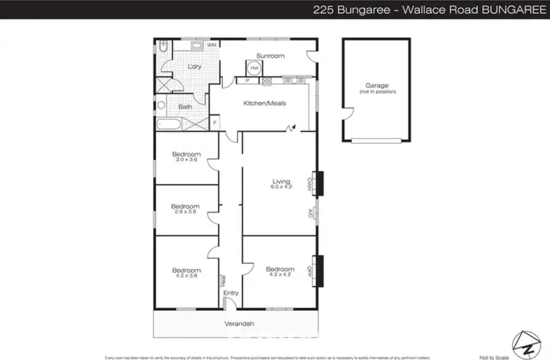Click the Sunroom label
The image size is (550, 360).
click(270, 56)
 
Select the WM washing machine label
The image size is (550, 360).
click(211, 45)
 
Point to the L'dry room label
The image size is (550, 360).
click(194, 67)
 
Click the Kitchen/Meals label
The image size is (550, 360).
click(264, 103)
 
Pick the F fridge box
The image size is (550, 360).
click(215, 122)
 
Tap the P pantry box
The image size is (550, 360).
click(246, 81)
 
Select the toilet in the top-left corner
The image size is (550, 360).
click(164, 47)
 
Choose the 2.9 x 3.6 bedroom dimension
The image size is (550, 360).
click(186, 213)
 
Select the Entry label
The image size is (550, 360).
click(231, 293)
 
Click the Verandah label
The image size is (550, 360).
click(237, 323)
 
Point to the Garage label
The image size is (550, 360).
click(376, 85)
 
